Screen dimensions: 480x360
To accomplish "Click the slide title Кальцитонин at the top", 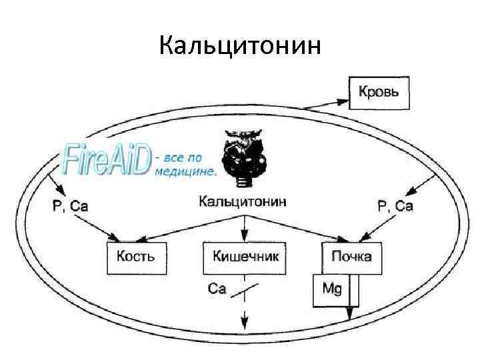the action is (241, 46).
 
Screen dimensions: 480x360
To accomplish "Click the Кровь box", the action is (379, 92).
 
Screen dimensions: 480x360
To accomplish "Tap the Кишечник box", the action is (244, 257).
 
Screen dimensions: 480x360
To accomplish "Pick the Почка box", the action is (352, 257).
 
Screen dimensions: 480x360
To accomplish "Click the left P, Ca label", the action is (70, 206).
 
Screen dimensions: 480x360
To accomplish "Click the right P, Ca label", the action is (395, 206).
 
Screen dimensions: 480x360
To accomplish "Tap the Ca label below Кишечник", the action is (217, 289).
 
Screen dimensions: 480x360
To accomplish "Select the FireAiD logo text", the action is (105, 159).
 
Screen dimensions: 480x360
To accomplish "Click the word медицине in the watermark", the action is (185, 171).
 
